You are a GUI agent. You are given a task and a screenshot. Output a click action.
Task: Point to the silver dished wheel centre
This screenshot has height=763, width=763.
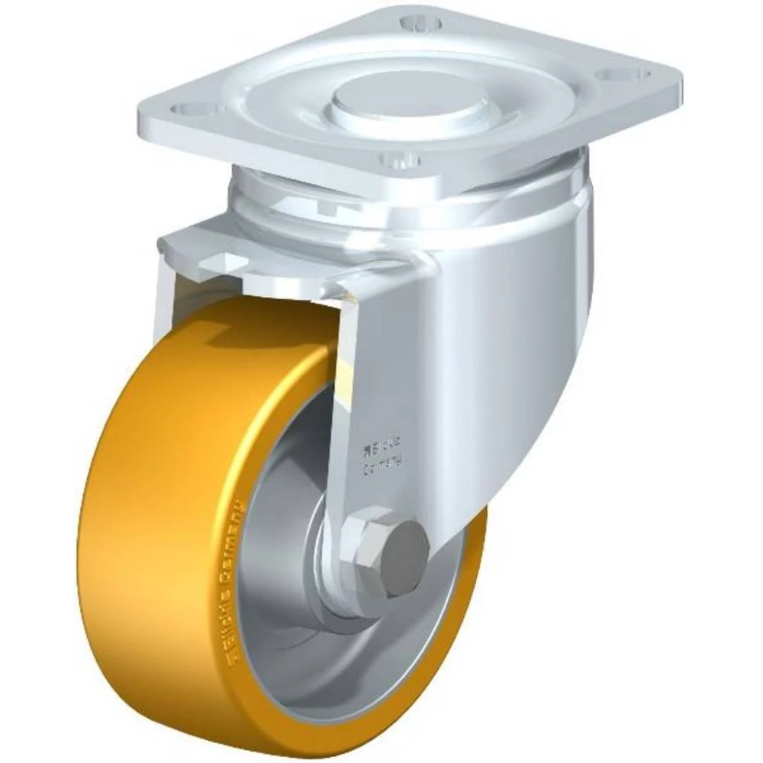pyautogui.click(x=290, y=610)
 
